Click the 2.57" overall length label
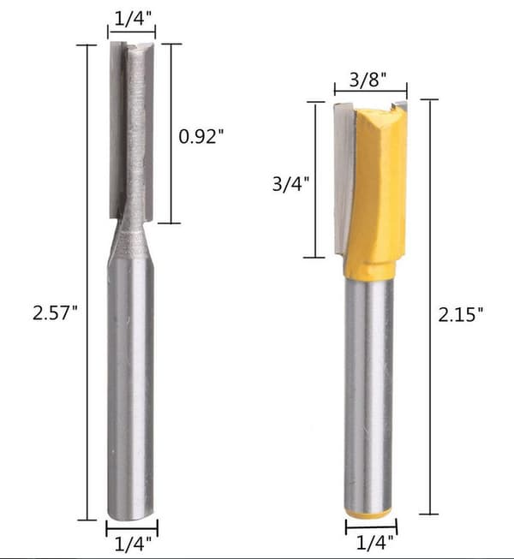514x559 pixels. point(55,313)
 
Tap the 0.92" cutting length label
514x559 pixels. point(201,136)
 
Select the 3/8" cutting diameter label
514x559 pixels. point(368,79)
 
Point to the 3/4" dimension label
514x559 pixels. point(290,184)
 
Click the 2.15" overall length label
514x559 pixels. point(461,314)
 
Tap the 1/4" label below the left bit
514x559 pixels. point(133,544)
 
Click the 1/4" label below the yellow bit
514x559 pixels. point(374,543)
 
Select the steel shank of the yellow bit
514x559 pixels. point(369,392)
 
